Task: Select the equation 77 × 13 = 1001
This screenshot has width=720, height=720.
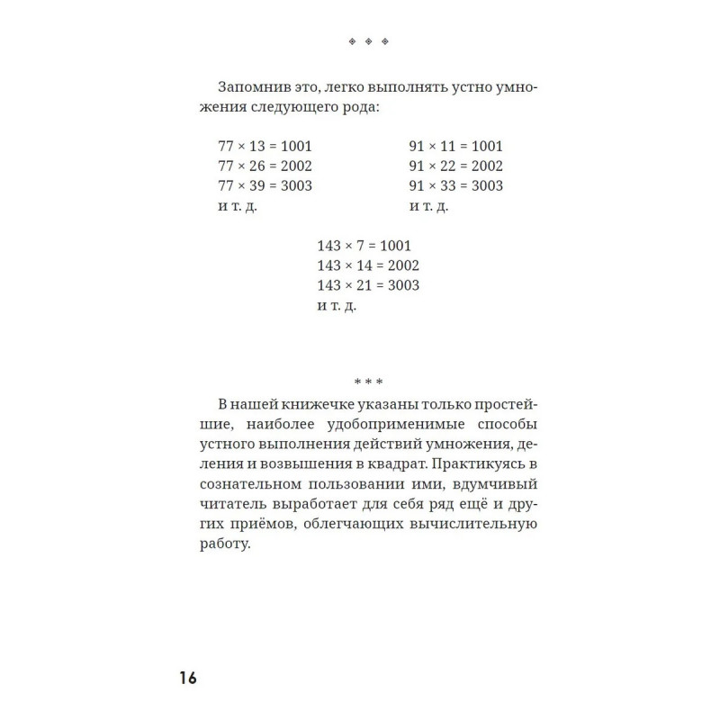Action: tap(265, 146)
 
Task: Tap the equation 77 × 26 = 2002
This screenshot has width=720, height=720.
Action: tap(265, 166)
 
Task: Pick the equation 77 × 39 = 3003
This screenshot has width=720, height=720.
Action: tap(265, 186)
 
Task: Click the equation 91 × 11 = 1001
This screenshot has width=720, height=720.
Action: tap(455, 146)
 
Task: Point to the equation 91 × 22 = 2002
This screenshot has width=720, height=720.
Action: tap(455, 166)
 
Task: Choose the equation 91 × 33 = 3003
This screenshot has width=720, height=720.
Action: tap(455, 186)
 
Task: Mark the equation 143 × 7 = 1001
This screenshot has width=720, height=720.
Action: tap(364, 245)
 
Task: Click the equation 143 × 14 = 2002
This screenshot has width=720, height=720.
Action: tap(368, 265)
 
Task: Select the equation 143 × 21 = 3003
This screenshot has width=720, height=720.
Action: tap(368, 285)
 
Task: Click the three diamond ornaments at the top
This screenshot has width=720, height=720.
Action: tap(368, 42)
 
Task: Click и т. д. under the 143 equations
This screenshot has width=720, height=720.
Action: tap(337, 306)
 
